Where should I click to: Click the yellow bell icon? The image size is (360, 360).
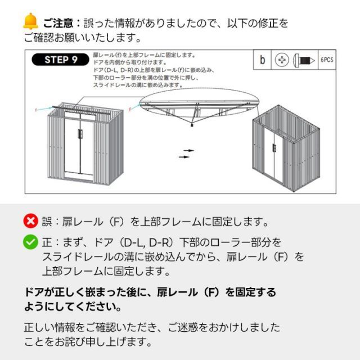click(x=30, y=21)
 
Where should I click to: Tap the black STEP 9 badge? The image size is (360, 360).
click(x=60, y=60)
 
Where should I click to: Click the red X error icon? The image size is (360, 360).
click(x=31, y=221)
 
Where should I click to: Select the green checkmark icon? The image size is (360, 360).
click(x=30, y=242)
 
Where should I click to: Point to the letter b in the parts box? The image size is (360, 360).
click(x=262, y=60)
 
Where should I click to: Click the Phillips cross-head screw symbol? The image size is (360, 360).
click(x=282, y=60)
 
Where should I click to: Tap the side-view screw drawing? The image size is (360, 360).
click(x=304, y=60)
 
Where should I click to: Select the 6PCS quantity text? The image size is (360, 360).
click(x=327, y=60)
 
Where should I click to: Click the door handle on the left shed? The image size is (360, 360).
click(x=80, y=134)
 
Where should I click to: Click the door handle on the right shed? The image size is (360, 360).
click(x=274, y=148)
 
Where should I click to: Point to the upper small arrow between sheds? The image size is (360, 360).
click(x=189, y=151)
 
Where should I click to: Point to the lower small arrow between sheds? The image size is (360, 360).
click(x=184, y=157)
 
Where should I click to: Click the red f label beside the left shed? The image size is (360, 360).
click(x=36, y=110)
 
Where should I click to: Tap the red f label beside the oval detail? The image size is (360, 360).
click(x=130, y=110)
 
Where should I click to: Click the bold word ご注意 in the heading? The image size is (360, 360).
click(x=58, y=24)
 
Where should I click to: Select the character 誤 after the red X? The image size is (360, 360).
click(x=47, y=222)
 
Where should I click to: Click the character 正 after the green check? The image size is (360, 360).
click(x=47, y=242)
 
